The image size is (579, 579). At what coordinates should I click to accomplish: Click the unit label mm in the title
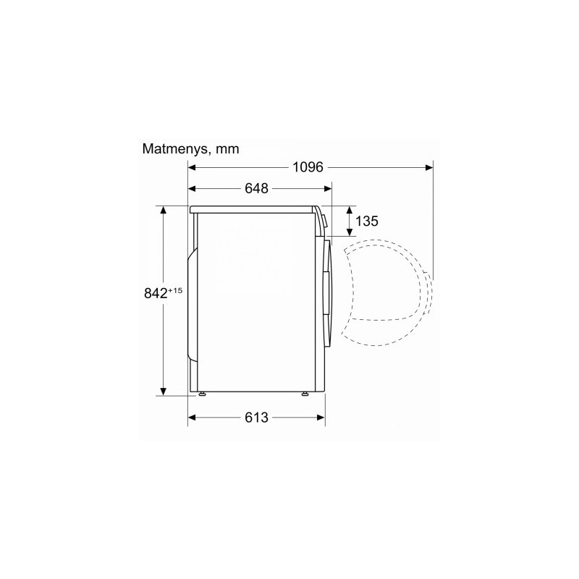click(x=227, y=150)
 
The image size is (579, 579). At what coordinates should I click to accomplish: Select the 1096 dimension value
click(x=308, y=167)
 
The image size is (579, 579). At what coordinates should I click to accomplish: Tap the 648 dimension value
click(x=256, y=188)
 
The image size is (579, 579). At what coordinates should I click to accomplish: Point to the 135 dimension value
click(x=367, y=221)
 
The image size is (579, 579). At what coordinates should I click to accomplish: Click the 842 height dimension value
click(x=156, y=294)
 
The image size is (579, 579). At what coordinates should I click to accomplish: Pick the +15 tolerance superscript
click(x=175, y=290)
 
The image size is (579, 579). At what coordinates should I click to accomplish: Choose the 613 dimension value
click(x=256, y=418)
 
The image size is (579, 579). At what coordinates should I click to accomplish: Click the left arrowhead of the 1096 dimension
click(x=191, y=168)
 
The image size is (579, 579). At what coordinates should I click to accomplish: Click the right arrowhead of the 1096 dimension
click(x=429, y=168)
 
